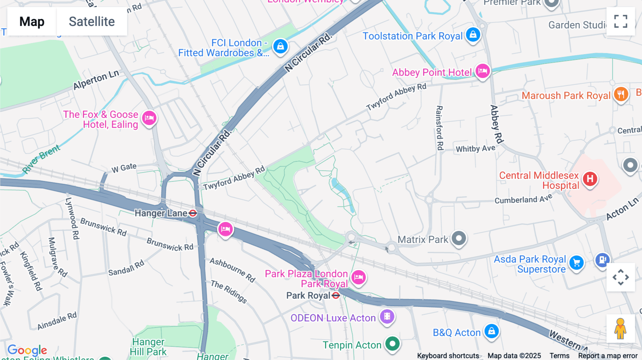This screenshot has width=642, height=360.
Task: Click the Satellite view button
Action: tap(92, 21)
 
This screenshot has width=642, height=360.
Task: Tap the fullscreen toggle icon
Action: tap(621, 21)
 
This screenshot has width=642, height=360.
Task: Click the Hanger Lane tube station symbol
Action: tap(193, 213)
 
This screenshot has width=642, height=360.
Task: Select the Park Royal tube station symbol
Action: tap(336, 295)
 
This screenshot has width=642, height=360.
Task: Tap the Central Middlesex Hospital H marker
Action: tap(590, 179)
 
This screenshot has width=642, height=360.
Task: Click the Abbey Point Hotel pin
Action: tap(483, 71)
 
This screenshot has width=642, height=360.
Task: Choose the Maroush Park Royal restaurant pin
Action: tap(621, 94)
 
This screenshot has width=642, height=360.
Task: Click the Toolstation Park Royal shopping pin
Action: tap(473, 35)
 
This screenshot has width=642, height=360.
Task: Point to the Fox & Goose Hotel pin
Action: tap(149, 118)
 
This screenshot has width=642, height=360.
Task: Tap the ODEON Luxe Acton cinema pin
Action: tap(387, 316)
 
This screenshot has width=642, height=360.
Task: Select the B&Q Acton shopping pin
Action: tap(491, 331)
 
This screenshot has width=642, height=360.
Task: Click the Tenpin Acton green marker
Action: tap(392, 344)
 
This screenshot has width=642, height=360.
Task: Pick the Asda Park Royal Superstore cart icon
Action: tap(576, 263)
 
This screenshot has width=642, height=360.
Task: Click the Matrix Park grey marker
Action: tap(459, 238)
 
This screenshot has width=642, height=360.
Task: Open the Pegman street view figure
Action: tap(620, 329)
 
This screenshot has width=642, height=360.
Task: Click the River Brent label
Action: tap(41, 159)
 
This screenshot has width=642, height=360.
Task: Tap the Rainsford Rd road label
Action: tap(440, 128)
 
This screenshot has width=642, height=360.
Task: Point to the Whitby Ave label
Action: tap(475, 148)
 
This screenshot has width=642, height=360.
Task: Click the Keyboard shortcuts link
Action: tap(448, 356)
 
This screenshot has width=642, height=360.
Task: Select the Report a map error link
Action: tap(608, 356)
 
